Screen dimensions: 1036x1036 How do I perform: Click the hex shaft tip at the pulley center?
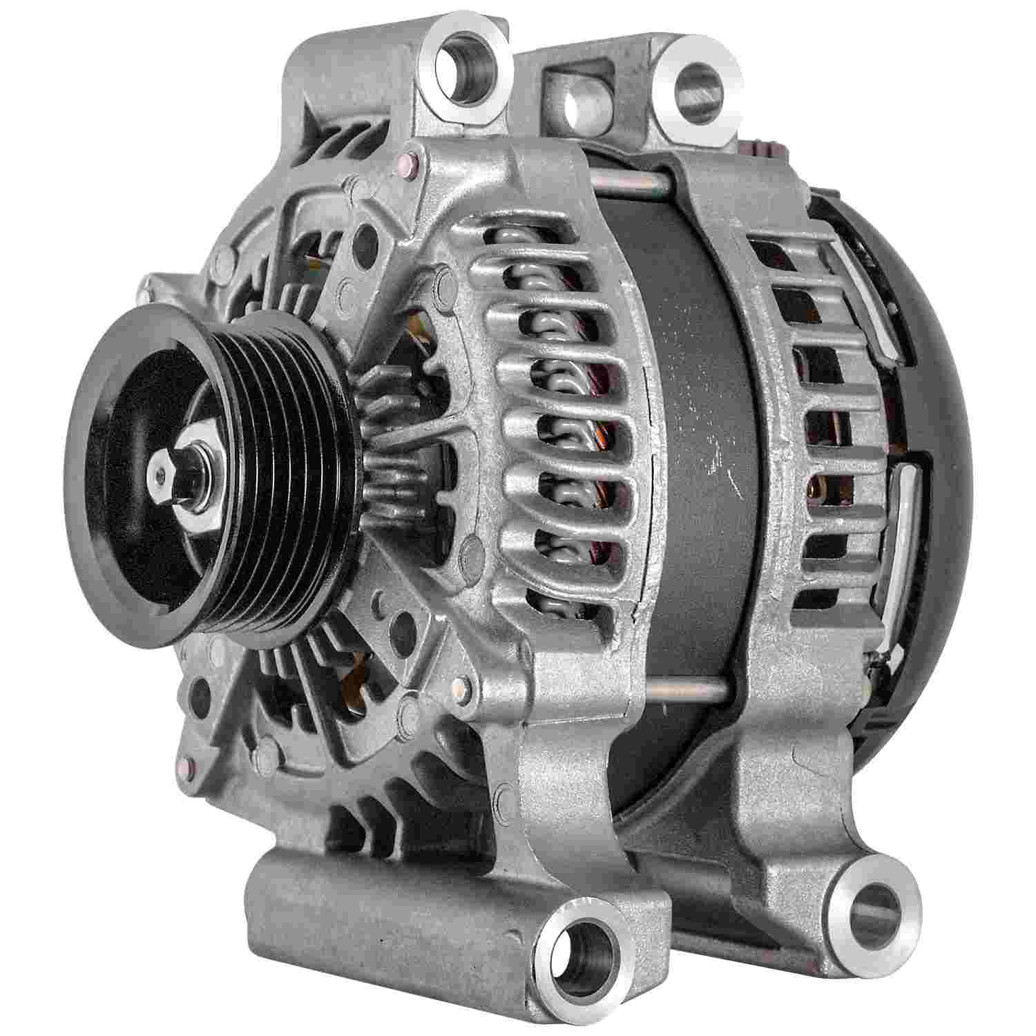pyautogui.click(x=160, y=473)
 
